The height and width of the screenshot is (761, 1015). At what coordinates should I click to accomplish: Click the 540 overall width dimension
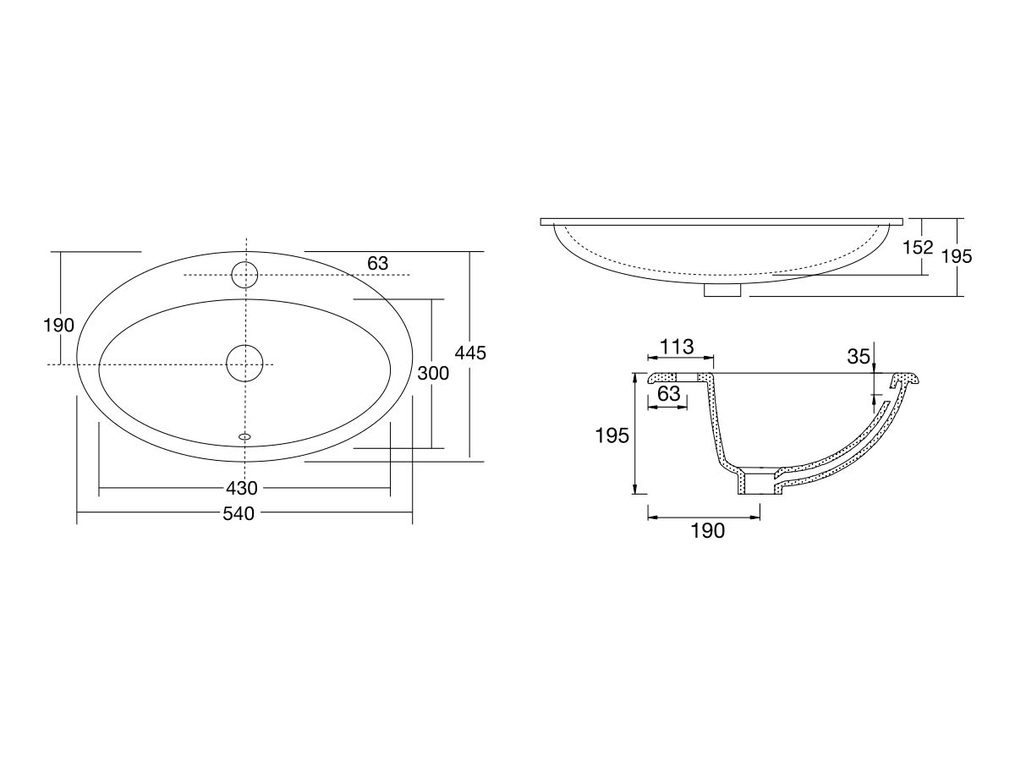coord(239,513)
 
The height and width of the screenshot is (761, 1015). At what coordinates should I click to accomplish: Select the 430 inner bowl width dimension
coord(241,488)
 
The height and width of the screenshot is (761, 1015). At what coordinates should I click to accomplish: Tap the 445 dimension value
coord(470,353)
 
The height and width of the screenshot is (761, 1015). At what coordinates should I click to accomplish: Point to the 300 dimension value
coord(433,373)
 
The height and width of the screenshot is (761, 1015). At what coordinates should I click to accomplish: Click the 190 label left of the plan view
coord(59,325)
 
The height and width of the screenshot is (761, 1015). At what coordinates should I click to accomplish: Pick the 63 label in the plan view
coord(377,263)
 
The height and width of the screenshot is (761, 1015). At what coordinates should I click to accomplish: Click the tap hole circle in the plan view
coord(244,275)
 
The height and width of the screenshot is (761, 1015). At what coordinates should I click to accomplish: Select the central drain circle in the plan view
coord(244,364)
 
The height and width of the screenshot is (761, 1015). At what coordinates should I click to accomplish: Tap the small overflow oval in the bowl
coord(245,436)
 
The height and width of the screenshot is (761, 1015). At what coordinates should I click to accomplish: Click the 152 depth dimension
coord(918,247)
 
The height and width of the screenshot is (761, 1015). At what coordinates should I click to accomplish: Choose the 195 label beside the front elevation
coord(957,256)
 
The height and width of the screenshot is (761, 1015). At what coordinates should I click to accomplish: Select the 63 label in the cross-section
coord(668,393)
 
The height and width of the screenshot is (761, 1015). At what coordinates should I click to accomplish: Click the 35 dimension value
coord(859,357)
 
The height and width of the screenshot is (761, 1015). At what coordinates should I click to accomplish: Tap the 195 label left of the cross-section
coord(612,435)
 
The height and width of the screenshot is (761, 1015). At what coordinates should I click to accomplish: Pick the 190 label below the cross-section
coord(707,530)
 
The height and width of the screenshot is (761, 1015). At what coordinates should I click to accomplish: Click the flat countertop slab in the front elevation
coord(721,222)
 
